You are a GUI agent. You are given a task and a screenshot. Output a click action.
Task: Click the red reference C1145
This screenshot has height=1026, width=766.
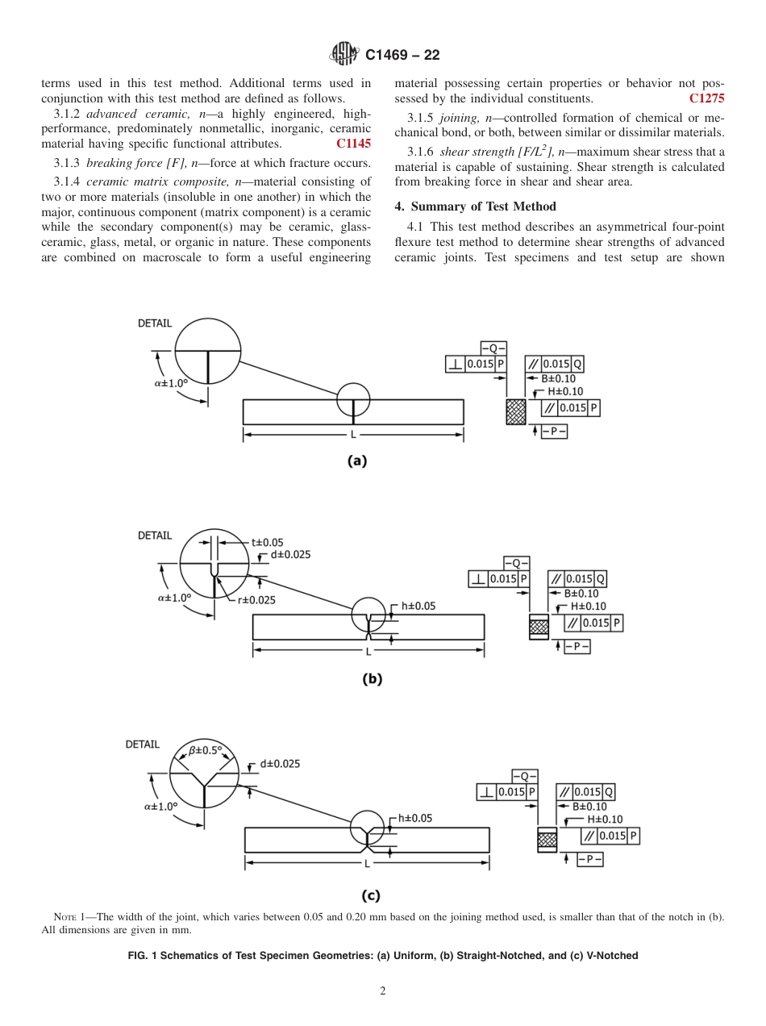353,144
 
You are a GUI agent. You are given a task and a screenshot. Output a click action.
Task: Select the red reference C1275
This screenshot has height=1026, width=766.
706,98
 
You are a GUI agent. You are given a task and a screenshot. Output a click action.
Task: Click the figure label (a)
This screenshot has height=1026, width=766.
356,461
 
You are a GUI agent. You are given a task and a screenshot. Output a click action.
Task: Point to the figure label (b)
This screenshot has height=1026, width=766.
372,678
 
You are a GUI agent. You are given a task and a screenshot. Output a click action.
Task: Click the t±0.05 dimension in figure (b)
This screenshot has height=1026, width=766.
267,543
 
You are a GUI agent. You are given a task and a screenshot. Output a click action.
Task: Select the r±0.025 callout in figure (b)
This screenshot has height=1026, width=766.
256,600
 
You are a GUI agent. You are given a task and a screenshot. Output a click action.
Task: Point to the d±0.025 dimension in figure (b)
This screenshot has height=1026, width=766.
290,555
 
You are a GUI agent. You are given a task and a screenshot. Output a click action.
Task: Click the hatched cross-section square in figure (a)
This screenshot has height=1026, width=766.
515,411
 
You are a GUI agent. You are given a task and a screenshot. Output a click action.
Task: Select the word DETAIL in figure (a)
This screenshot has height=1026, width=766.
154,323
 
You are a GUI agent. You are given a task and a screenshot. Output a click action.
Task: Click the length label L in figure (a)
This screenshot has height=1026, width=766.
353,436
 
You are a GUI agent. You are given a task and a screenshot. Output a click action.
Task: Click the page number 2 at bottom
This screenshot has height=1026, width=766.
383,991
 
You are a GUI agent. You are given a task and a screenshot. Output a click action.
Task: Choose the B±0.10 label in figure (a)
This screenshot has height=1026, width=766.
558,378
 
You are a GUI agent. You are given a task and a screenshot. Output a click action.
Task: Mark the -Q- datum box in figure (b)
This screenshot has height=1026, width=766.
516,563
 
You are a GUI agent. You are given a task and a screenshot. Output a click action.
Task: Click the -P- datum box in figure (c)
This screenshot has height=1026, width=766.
589,860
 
